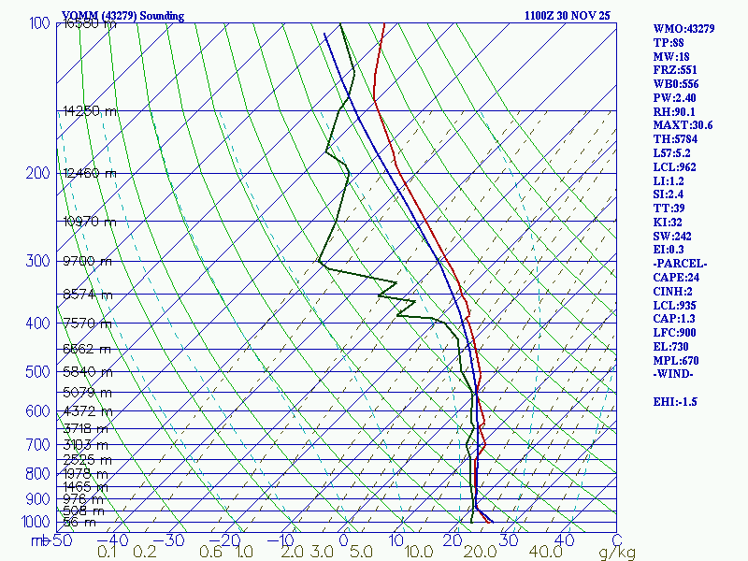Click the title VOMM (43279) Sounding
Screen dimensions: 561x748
(x=122, y=16)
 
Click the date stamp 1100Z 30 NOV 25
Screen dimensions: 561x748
(x=568, y=16)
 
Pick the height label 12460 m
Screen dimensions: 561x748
(x=90, y=173)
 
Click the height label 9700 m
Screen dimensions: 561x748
(x=86, y=261)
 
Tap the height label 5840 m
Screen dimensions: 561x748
(x=86, y=372)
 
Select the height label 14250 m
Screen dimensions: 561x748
(x=90, y=111)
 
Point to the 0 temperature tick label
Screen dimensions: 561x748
(x=343, y=540)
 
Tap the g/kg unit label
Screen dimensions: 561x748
(x=617, y=553)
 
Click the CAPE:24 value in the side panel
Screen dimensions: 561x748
(x=675, y=278)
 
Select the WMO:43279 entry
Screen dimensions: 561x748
(x=683, y=29)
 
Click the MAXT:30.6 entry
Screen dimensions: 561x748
(x=683, y=125)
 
